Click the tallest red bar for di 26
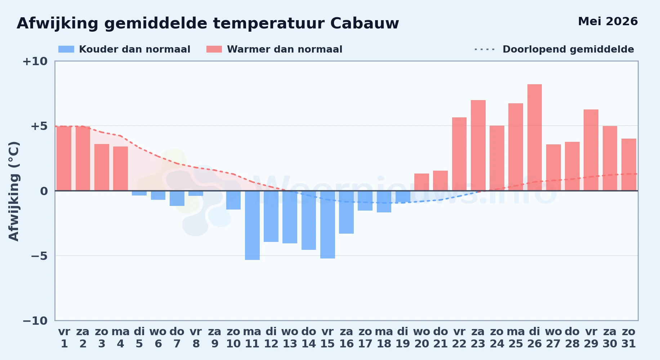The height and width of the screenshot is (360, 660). tap(535, 138)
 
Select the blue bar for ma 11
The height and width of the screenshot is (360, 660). tap(252, 225)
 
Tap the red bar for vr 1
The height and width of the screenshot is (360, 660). tap(64, 158)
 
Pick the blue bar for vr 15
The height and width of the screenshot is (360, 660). tap(327, 225)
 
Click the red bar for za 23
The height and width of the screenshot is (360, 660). tap(478, 145)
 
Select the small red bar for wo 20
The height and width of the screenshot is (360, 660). tap(422, 182)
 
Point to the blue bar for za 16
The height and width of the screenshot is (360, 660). tap(346, 212)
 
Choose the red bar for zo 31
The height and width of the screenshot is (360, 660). tap(629, 165)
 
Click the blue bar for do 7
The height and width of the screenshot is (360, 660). tap(177, 198)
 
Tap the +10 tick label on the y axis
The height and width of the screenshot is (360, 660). tap(35, 62)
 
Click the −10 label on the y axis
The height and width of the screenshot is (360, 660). tap(35, 321)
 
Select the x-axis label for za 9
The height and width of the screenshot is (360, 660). tap(215, 338)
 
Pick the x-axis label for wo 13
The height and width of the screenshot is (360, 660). tap(290, 338)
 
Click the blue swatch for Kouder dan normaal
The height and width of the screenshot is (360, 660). tap(66, 49)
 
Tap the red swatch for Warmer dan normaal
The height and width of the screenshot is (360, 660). tap(214, 49)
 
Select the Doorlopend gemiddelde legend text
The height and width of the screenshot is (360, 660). tap(568, 49)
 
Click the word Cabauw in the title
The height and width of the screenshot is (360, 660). tap(365, 23)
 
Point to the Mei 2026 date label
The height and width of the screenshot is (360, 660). tap(608, 21)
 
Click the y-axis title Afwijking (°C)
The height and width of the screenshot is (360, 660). tap(14, 191)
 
